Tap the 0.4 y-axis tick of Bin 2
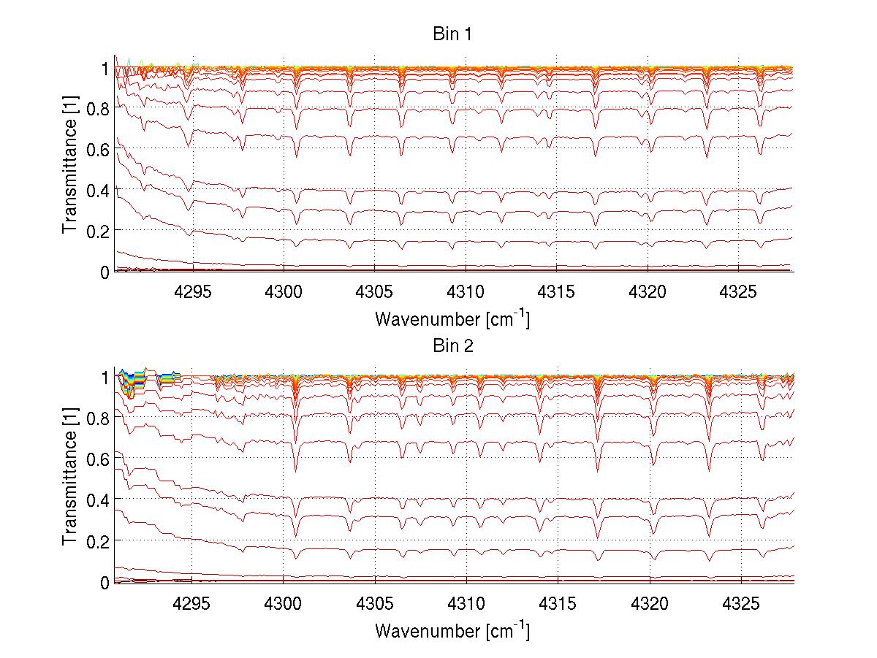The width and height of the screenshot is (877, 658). pos(99,500)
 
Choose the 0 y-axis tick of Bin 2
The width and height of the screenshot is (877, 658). pos(105,582)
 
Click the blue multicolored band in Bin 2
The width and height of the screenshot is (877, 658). pos(132,379)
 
